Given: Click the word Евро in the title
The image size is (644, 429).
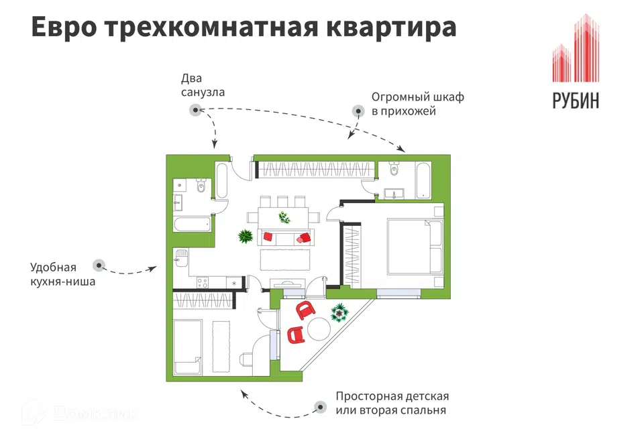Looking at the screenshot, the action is coord(64,27).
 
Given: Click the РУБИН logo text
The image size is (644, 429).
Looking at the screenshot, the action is coord(576,101).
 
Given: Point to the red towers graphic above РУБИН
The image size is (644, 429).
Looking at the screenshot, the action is coord(576,48).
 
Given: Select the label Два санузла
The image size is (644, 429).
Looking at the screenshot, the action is coord(203,85).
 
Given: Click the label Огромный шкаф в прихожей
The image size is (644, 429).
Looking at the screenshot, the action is coord(418,104).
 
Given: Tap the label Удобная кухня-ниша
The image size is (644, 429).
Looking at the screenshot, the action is coord(62,274).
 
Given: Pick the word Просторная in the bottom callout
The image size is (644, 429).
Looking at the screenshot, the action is coord(368,397).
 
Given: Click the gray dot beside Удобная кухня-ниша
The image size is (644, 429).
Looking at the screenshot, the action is coord(99,265).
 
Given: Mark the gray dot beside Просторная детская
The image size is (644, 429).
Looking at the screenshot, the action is coord(320,408).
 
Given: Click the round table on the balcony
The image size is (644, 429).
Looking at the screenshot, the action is coord(319,329).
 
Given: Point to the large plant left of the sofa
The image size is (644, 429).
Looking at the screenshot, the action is coord(246,236).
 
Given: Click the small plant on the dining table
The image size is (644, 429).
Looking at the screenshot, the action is coord(284,217).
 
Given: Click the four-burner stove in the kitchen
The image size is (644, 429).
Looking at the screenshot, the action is coord(203,282).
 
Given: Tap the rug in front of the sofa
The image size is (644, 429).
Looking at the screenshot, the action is coord(285,259).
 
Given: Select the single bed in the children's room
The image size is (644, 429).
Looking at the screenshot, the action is coord(188,347).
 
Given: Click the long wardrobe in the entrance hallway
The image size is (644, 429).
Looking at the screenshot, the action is coord(315,169).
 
